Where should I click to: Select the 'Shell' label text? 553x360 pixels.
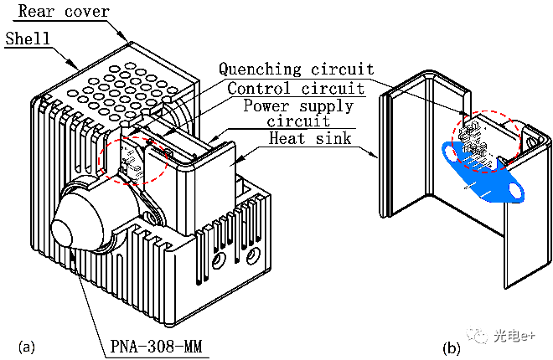[x=28, y=39]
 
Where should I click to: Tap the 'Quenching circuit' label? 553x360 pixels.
[x=296, y=69]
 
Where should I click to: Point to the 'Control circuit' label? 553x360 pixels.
[x=296, y=87]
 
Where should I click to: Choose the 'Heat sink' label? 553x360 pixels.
[x=310, y=138]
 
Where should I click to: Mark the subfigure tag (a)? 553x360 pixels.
[x=26, y=345]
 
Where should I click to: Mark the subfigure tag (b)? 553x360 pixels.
[x=452, y=346]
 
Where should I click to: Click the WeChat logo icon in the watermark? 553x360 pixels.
[x=479, y=335]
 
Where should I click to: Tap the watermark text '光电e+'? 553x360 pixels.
[x=516, y=336]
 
